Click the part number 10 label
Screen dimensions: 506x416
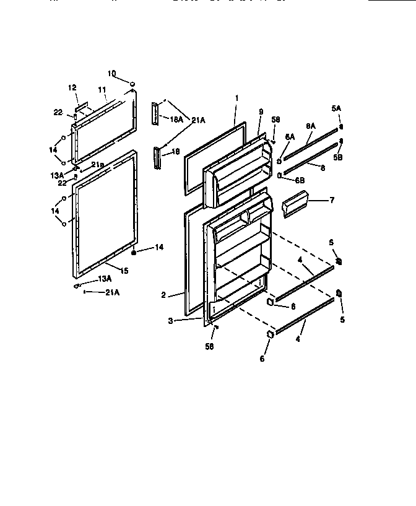(111, 74)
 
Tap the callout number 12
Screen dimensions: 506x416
(72, 88)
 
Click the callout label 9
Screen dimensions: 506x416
(261, 111)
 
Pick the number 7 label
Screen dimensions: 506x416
(332, 200)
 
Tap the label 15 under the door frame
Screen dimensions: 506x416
(124, 270)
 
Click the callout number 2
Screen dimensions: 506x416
(163, 295)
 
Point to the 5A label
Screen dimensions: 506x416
(336, 108)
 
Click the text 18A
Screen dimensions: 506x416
(176, 120)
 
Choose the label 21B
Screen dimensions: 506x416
(98, 164)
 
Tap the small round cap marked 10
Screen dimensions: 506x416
(132, 82)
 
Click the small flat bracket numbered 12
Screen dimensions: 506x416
(80, 101)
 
